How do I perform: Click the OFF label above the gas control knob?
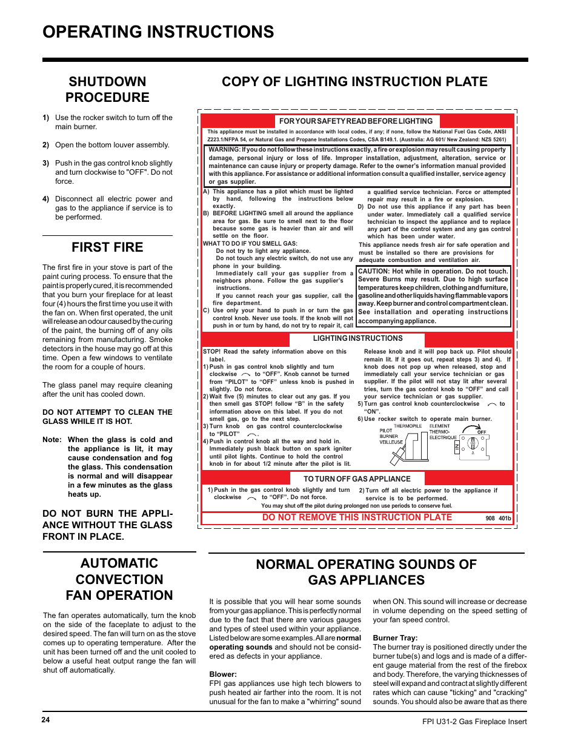click(482, 432)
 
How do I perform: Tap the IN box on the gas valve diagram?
click(457, 448)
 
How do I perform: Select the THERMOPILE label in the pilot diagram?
click(408, 426)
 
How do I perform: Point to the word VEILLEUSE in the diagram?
click(391, 442)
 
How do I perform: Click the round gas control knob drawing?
click(473, 444)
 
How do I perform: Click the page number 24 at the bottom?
click(46, 720)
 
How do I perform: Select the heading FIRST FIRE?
click(107, 247)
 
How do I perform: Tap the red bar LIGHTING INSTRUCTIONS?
click(357, 338)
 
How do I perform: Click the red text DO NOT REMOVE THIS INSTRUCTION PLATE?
click(357, 517)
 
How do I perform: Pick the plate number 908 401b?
click(498, 519)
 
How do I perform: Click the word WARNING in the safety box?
click(224, 150)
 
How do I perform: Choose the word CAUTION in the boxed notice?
click(374, 272)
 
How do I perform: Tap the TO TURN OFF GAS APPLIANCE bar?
click(357, 479)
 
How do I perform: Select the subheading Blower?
click(223, 674)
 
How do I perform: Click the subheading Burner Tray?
click(395, 638)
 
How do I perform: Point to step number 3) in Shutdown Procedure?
click(46, 163)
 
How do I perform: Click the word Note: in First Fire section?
click(52, 440)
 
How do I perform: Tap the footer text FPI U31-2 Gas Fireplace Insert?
click(474, 722)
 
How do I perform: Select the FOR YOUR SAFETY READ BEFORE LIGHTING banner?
click(356, 121)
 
